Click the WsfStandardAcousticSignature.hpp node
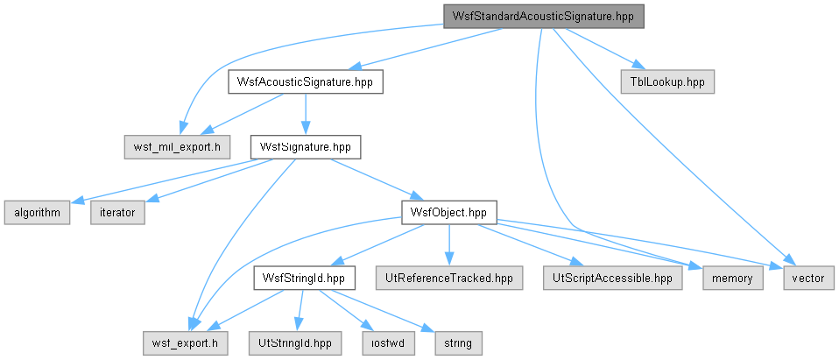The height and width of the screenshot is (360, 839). [543, 17]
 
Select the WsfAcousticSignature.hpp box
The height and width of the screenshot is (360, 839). [305, 81]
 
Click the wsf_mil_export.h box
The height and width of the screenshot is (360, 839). [177, 146]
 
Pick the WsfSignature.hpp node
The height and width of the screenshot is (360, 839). [306, 146]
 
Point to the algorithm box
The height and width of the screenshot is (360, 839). [37, 212]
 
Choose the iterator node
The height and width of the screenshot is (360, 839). [117, 212]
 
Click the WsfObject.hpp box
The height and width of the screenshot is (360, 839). [448, 212]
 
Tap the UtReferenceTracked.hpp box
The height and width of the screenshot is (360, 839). [449, 279]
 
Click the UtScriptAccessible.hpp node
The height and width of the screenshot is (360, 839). [613, 279]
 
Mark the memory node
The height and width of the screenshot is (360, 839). [733, 279]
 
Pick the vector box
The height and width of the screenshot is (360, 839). [808, 279]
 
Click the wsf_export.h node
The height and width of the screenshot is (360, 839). [185, 342]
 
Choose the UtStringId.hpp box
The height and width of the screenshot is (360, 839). [295, 342]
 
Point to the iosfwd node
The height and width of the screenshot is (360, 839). [389, 342]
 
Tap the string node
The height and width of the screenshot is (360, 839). [459, 342]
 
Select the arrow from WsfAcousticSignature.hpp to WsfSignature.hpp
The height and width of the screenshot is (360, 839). [305, 115]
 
